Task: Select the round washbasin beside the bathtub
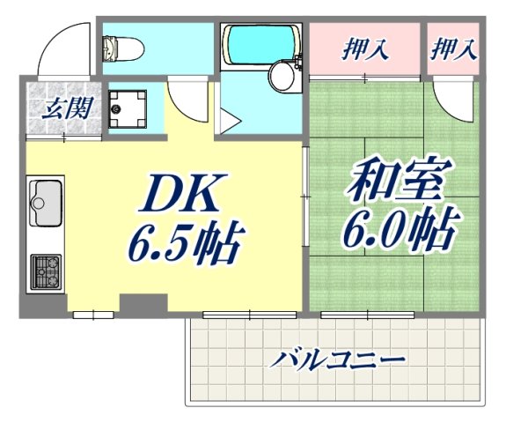(283, 75)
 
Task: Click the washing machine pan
(128, 108)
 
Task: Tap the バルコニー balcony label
(337, 360)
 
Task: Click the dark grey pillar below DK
(137, 305)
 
